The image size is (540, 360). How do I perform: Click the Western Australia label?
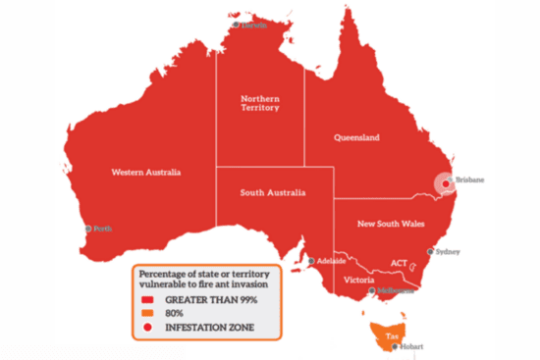click(x=144, y=173)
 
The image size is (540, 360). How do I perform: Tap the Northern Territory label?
click(x=260, y=102)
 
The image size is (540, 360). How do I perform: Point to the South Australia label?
click(x=273, y=192)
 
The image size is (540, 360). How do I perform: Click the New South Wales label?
click(x=390, y=224)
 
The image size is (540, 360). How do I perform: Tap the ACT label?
click(x=400, y=263)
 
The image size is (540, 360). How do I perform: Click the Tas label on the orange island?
click(x=392, y=335)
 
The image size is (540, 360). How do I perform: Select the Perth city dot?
click(x=88, y=229)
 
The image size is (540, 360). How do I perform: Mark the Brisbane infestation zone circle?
click(x=445, y=182)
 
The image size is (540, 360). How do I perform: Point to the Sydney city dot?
click(x=429, y=251)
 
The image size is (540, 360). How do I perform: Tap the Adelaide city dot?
click(x=312, y=261)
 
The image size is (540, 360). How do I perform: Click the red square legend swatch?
click(x=147, y=298)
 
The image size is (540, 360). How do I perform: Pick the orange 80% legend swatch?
click(x=147, y=311)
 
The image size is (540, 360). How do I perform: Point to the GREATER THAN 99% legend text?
click(x=212, y=298)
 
